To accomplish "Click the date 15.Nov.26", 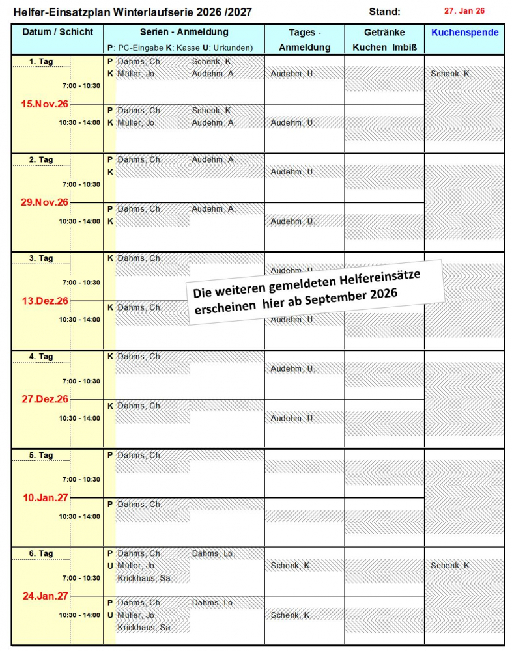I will [44, 104].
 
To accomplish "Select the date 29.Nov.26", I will [44, 202].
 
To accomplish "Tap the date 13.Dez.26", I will [44, 301].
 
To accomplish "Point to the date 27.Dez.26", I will [44, 399].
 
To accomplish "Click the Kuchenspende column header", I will [464, 33].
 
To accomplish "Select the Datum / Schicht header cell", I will [57, 32].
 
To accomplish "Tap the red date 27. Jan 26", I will [464, 11].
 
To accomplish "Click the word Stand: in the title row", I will [384, 12].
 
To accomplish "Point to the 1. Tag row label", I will [41, 62].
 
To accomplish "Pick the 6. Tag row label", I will [41, 553].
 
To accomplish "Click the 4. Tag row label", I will [41, 357].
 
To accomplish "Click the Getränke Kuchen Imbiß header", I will [384, 40].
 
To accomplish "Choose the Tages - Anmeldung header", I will [304, 40].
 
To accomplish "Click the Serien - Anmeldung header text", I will [184, 32].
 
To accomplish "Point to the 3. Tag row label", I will [41, 258].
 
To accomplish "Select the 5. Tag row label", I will [41, 455].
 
